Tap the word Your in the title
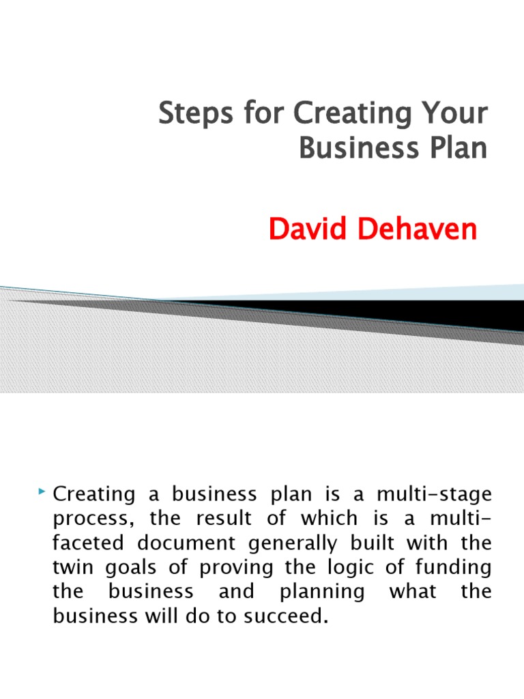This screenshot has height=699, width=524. pos(456,115)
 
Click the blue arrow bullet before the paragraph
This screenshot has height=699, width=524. pos(43,491)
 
